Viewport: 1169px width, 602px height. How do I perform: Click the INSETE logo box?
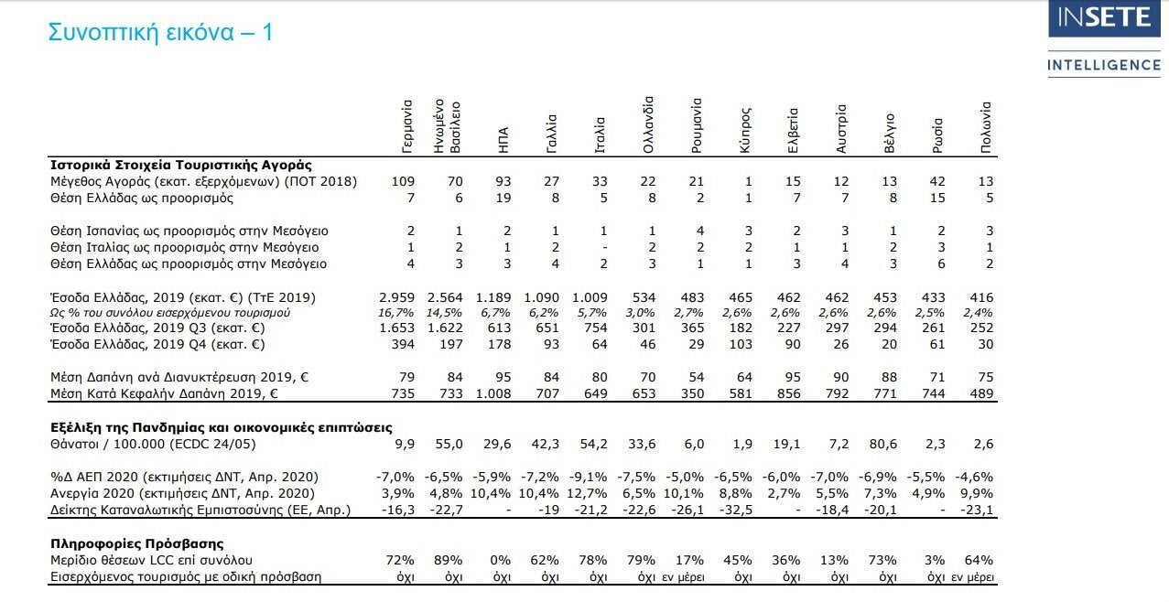[x=1104, y=18]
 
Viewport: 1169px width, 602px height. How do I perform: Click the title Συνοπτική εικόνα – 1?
[x=161, y=32]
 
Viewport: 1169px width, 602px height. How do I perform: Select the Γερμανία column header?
[x=407, y=127]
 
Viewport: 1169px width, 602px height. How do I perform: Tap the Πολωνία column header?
[x=985, y=127]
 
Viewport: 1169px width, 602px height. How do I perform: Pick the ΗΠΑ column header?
[x=503, y=140]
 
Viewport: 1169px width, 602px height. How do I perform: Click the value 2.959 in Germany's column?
[x=396, y=297]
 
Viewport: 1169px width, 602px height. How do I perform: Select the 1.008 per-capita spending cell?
[x=493, y=393]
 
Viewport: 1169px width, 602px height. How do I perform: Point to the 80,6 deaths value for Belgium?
[x=882, y=444]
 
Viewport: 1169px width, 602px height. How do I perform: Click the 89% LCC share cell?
[x=449, y=560]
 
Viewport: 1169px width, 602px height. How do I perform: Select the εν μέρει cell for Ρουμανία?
[x=683, y=577]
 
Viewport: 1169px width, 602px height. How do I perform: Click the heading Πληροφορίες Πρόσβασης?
[x=136, y=543]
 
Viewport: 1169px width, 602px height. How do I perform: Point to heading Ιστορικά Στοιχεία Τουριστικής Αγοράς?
[x=180, y=165]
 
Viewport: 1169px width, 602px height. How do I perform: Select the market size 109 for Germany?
[x=403, y=181]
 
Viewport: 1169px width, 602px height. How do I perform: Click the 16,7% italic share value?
[x=396, y=313]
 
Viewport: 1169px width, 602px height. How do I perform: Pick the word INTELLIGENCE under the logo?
[x=1104, y=65]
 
